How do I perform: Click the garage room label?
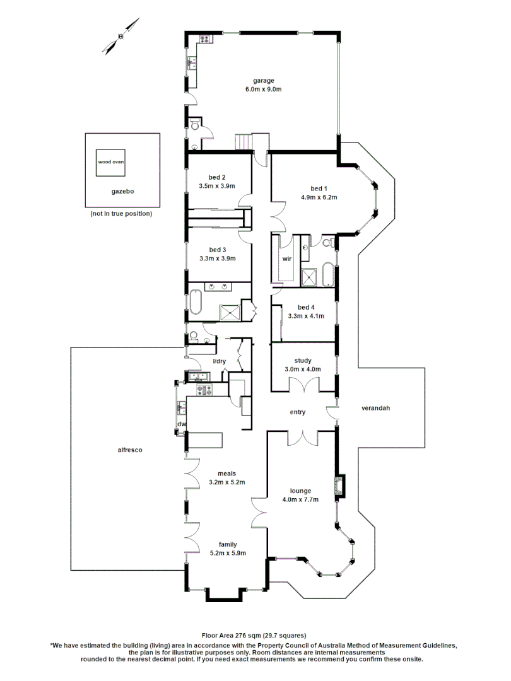263,81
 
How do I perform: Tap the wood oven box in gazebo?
110,162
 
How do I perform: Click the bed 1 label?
319,189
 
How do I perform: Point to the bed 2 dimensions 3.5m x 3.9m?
216,186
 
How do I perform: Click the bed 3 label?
217,249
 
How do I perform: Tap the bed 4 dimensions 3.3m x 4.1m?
306,316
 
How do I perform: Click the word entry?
297,412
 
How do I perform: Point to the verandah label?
375,408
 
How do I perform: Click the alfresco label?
130,450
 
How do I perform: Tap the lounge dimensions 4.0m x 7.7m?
300,499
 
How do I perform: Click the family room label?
227,544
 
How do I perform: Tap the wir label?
286,259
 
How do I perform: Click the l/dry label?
219,361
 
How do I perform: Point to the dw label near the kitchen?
182,424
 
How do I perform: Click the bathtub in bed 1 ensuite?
328,276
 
